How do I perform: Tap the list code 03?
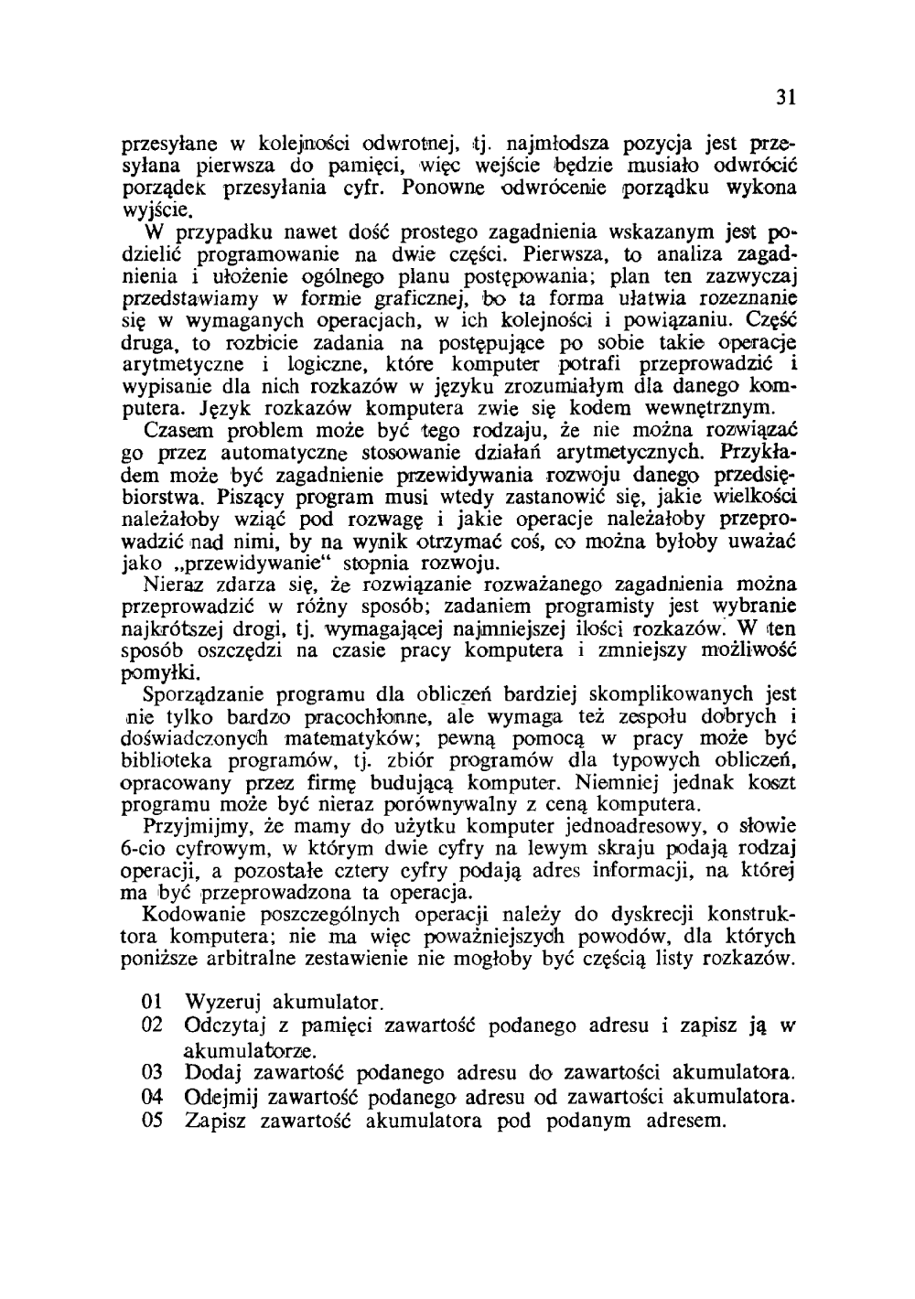click(x=153, y=1071)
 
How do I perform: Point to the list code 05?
click(x=153, y=1119)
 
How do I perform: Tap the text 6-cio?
click(x=147, y=848)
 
